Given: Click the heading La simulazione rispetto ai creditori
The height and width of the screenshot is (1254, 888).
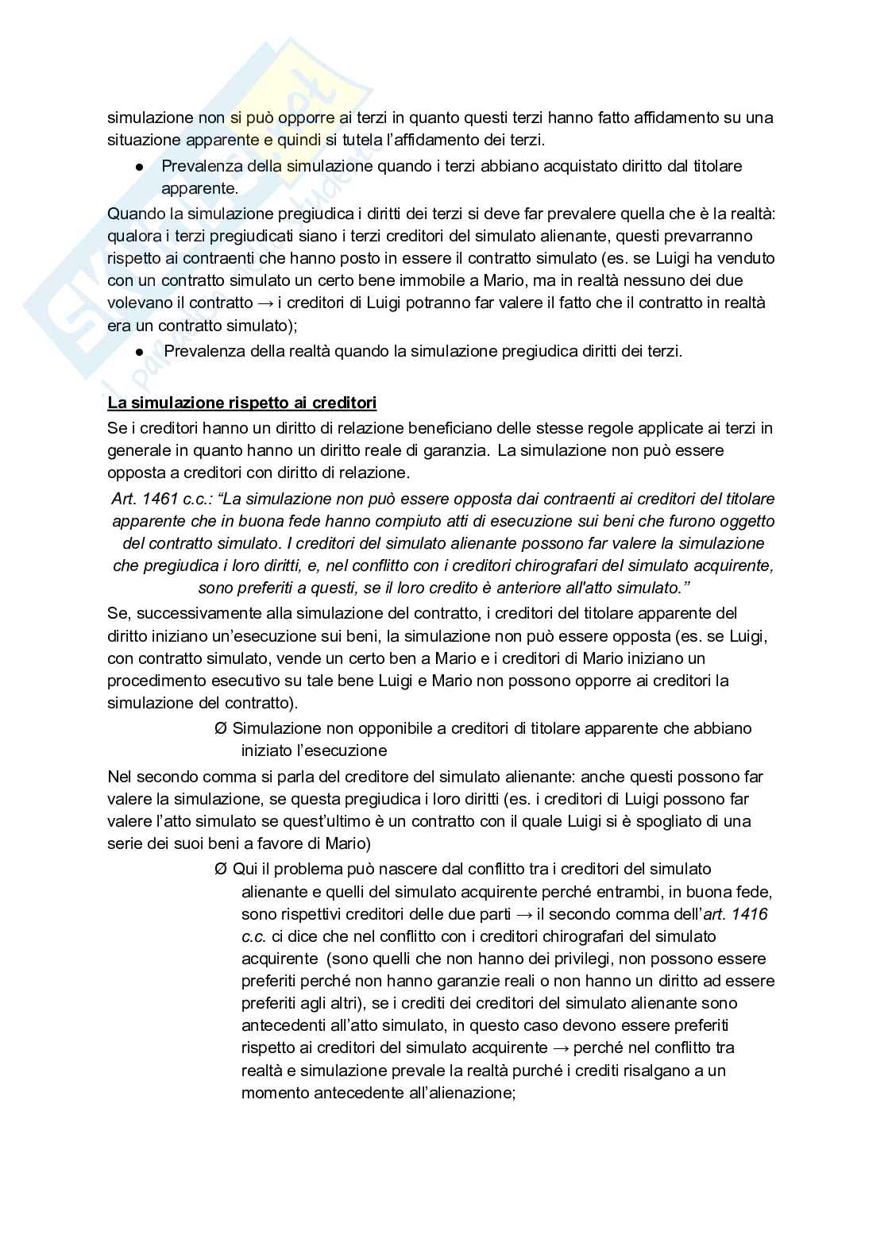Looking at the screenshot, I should pos(241,403).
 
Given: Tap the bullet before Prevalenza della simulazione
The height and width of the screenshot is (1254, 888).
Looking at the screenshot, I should pos(139,168).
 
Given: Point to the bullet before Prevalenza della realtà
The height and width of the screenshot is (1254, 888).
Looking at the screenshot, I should pos(139,352).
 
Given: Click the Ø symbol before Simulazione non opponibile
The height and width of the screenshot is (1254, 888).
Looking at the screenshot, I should pos(221,728).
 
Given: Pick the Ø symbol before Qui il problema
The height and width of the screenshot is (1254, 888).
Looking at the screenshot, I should pos(221,869).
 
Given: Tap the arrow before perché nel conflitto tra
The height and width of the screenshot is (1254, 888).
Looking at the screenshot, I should pos(566,1048).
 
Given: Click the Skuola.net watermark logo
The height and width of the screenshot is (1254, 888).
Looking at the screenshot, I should pos(183,199).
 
